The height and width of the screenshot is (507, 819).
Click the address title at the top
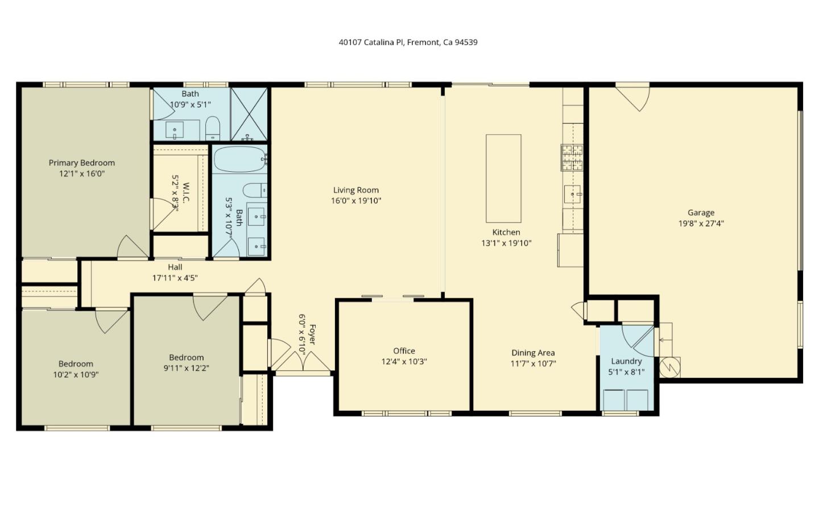(408, 42)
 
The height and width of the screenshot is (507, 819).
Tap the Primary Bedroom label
(81, 163)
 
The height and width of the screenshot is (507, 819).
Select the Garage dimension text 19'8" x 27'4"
(701, 224)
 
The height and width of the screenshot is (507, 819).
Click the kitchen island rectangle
(503, 178)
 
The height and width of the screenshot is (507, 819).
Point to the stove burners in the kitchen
(572, 158)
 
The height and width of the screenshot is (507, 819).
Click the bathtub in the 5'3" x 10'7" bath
(239, 159)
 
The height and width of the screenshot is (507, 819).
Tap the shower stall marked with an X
(249, 114)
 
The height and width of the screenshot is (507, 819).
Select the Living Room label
(356, 190)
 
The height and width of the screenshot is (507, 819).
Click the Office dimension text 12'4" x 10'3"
(404, 362)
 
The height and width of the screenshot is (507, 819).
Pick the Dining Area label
(533, 353)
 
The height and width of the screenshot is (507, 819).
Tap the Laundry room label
(626, 361)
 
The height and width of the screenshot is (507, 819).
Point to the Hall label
(175, 267)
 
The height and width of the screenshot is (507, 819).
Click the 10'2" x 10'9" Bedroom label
(76, 364)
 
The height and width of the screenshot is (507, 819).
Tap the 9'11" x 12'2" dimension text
(186, 368)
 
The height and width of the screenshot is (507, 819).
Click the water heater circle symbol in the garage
(669, 367)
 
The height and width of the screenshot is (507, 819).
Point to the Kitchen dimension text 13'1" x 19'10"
(506, 243)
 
